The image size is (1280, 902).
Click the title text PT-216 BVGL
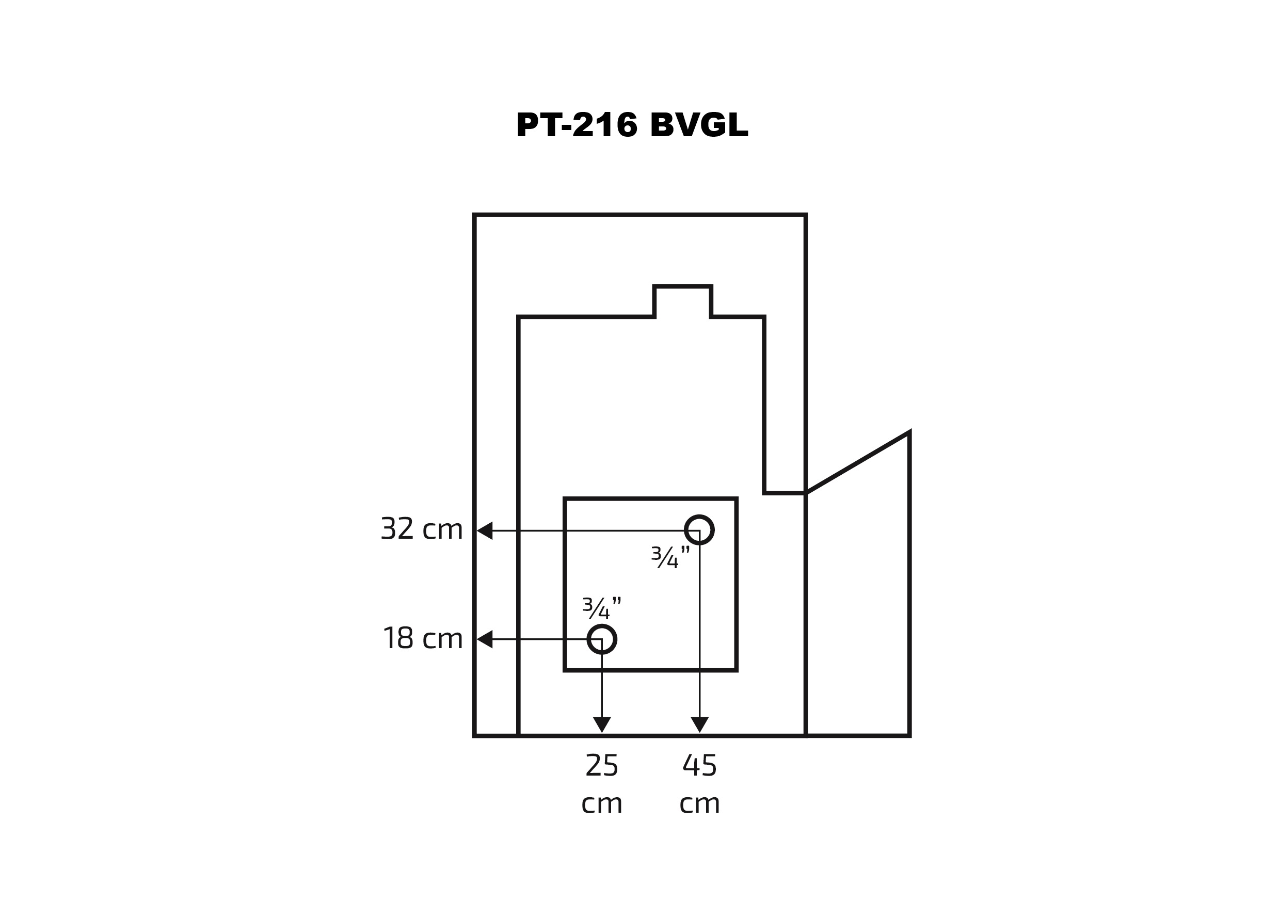point(632,124)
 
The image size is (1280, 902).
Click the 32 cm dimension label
point(422,529)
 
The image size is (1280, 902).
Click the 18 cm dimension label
point(423,638)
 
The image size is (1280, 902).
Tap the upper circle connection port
point(699,529)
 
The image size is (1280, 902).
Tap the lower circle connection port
point(601,639)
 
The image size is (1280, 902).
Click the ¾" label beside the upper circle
point(670,557)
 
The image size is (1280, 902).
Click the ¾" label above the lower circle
point(601,608)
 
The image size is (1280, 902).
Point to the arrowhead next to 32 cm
point(484,530)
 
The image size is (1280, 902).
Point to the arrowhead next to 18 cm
point(484,639)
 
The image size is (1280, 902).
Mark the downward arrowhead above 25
point(601,724)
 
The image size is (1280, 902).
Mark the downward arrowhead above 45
point(700,724)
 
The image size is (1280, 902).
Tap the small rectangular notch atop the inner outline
point(682,301)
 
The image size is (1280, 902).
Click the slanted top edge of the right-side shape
point(858,463)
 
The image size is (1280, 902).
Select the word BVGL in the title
point(698,124)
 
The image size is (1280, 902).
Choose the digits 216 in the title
point(605,124)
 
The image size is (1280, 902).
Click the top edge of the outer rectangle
point(640,215)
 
